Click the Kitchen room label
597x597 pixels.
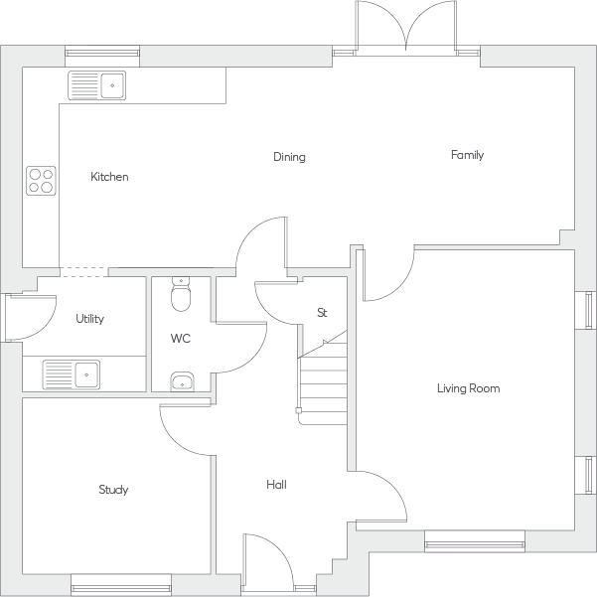pos(109,177)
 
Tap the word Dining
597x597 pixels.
pos(289,157)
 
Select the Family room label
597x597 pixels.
pos(467,155)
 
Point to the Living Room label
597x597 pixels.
pos(468,388)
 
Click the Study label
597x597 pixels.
pos(113,490)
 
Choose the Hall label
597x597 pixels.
pos(276,485)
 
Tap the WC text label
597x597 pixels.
pos(180,339)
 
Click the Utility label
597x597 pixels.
pos(89,319)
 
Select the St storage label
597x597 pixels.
pos(322,313)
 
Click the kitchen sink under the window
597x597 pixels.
pos(96,86)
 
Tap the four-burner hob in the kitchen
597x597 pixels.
pos(41,180)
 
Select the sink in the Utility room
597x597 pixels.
pos(72,374)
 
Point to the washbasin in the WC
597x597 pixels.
pos(180,381)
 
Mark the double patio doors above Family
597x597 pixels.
pos(406,27)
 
